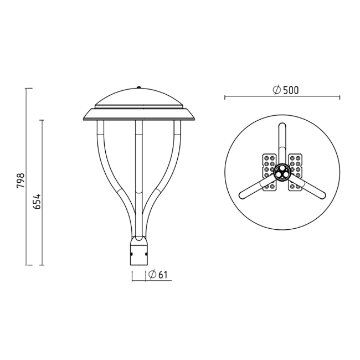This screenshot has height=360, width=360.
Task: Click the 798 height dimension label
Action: (20, 181)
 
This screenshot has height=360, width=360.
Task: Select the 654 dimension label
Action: (37, 202)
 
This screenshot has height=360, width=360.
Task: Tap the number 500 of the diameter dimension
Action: (291, 90)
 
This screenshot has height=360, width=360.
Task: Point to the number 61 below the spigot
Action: (163, 275)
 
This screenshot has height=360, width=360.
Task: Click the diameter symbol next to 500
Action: (277, 90)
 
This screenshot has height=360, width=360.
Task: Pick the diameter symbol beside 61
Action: (152, 274)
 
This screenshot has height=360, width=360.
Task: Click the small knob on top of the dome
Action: (138, 88)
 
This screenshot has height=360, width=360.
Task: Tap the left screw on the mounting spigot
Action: (132, 254)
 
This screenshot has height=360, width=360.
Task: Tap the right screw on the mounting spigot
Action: (146, 254)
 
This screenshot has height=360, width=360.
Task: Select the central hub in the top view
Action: (282, 172)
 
